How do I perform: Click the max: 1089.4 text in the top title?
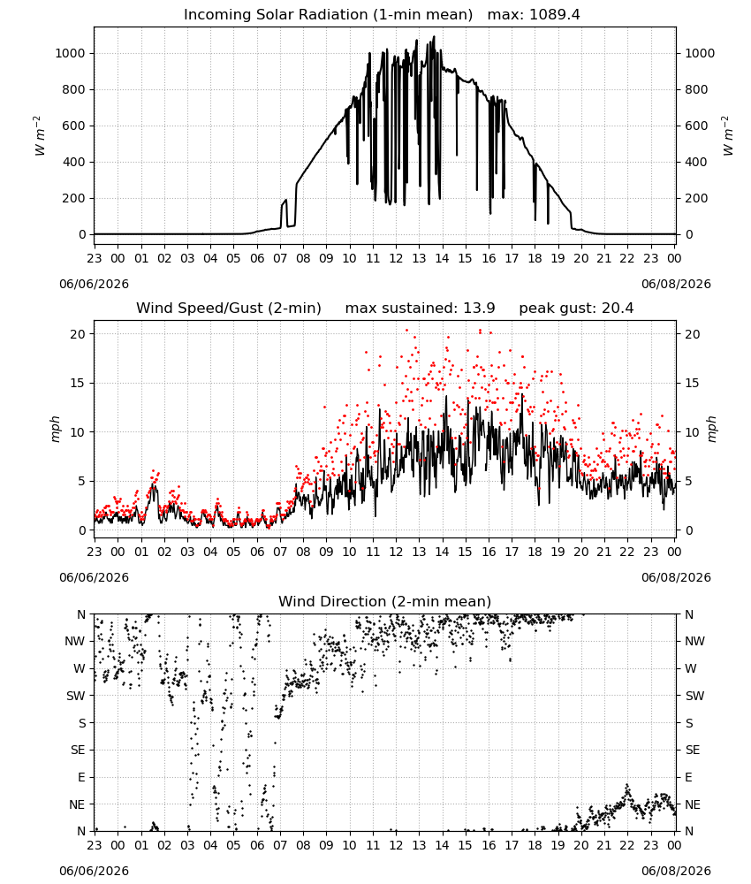pos(534,15)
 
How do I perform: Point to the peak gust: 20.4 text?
pos(576,309)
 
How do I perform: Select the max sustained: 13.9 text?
pos(421,309)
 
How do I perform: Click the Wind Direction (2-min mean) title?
pos(385,601)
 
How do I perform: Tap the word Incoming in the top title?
pos(216,15)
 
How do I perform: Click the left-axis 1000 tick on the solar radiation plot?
pos(70,54)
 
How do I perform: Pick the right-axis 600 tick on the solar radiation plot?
pos(696,126)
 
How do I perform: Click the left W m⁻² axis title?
pos(38,136)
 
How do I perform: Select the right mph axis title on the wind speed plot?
pos(711,429)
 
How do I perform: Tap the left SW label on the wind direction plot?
pos(76,696)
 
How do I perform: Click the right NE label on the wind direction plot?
pos(693,804)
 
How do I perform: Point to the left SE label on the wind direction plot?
pos(78,750)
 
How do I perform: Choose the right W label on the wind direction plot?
pos(691,668)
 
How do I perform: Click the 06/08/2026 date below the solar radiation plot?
pos(676,284)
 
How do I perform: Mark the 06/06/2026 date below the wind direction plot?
pos(94,871)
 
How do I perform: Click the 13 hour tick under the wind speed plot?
pos(419,552)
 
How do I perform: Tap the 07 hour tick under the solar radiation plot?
pos(280,258)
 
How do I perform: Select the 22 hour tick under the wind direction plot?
pos(627,845)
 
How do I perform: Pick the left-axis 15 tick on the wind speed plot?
pos(79,384)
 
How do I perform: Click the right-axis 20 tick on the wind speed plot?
pos(693,334)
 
